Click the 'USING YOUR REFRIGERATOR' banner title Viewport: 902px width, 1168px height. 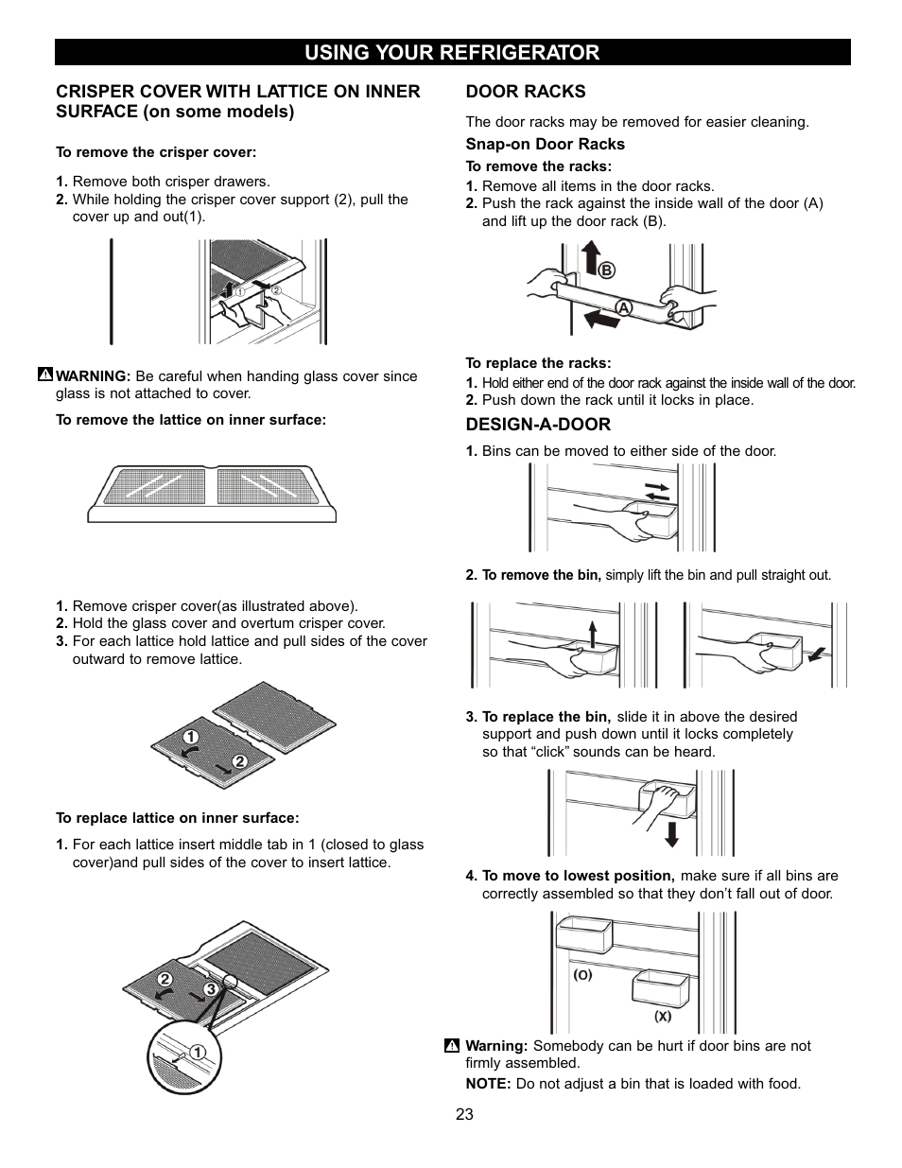tap(451, 53)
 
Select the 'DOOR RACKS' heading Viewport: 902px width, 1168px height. tap(525, 92)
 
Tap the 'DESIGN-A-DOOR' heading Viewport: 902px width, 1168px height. tap(537, 425)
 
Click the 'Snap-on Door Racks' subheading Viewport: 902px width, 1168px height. tap(545, 144)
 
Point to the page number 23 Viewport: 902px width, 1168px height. tap(463, 1114)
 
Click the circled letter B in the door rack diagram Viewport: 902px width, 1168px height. tap(606, 270)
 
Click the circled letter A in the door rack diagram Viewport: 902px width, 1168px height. tap(624, 307)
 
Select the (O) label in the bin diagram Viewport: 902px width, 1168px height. tap(582, 974)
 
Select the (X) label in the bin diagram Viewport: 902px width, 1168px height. tap(663, 1017)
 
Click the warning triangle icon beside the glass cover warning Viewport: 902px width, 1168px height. tap(44, 375)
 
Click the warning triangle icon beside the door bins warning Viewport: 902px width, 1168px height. tap(452, 1046)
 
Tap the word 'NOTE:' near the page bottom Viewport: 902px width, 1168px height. tap(487, 1084)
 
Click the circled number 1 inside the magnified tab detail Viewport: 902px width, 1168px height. tap(199, 1052)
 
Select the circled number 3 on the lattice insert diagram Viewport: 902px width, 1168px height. tap(212, 989)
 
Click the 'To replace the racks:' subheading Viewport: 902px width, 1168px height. tap(538, 363)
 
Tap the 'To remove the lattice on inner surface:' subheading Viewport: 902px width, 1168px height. tap(191, 420)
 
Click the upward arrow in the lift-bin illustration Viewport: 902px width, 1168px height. tap(593, 633)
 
